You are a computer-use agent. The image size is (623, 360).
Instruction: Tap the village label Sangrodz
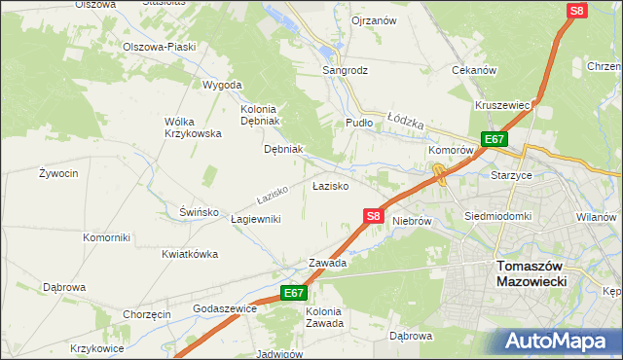(x=346, y=70)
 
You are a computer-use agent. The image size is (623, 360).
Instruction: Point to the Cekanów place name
(x=475, y=70)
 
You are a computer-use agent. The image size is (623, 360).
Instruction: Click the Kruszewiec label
(x=502, y=105)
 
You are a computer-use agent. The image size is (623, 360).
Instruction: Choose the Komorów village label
(x=451, y=152)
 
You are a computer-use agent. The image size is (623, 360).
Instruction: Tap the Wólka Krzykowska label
(x=193, y=127)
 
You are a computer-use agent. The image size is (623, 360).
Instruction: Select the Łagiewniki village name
(x=255, y=219)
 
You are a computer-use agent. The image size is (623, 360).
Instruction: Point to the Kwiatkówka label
(x=190, y=254)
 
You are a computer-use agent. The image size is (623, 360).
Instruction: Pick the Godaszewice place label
(x=225, y=307)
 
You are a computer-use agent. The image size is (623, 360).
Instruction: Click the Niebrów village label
(x=412, y=221)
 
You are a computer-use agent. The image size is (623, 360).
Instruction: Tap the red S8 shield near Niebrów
(x=374, y=217)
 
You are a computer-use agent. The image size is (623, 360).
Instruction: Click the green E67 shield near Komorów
(x=494, y=140)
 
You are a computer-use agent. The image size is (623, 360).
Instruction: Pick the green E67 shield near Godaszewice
(x=295, y=293)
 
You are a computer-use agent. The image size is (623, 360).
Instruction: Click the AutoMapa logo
(x=563, y=341)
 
